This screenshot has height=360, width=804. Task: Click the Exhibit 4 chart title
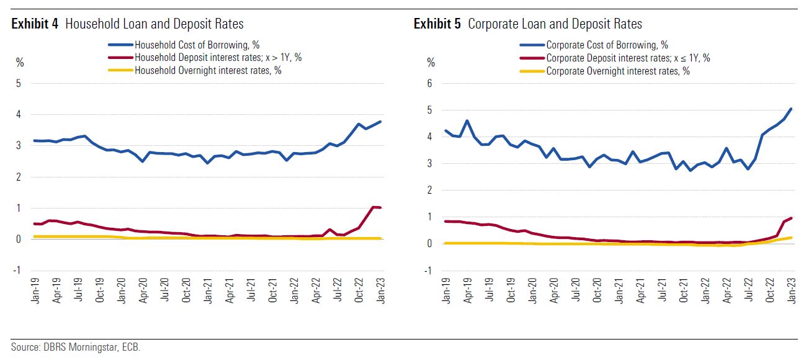pos(127,24)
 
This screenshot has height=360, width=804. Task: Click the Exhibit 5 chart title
pos(528,24)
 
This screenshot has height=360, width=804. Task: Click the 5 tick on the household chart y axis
pos(19,84)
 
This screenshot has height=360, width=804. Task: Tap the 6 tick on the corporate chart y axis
pos(429,84)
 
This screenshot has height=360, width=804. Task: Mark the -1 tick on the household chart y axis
pos(17,270)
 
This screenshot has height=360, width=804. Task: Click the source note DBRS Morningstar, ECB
pos(76,348)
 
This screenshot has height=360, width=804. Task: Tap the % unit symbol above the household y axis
pos(19,62)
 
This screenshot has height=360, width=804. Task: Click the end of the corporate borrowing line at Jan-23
pos(790,109)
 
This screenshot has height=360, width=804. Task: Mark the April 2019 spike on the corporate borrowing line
pos(467,121)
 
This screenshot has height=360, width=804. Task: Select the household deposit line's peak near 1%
pos(373,207)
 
